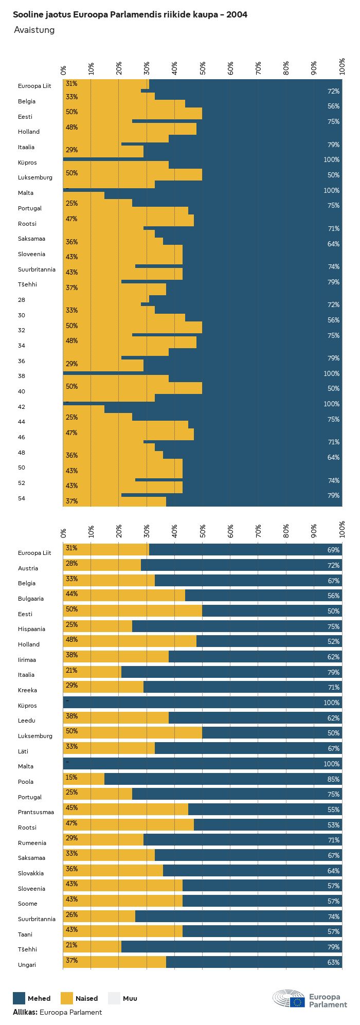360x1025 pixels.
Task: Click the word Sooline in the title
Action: point(27,15)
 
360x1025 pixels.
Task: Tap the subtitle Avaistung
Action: point(34,30)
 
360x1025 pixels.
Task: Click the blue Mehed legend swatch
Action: point(19,998)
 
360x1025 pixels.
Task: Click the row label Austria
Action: point(28,568)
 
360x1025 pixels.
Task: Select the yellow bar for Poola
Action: point(84,779)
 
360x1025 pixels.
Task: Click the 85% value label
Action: point(333,779)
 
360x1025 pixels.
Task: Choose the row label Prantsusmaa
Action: point(35,812)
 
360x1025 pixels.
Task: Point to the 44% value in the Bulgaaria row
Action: point(71,594)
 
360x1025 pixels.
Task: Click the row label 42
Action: point(22,407)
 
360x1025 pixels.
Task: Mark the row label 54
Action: point(22,498)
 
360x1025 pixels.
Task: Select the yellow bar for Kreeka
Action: point(103,687)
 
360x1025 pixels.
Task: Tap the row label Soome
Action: point(28,904)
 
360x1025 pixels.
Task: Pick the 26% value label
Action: point(71,914)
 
